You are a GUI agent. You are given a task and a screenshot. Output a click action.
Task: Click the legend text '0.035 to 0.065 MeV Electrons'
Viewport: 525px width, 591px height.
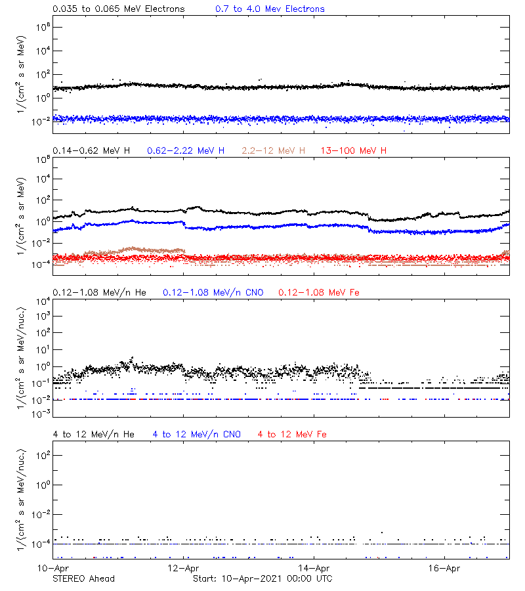[118, 9]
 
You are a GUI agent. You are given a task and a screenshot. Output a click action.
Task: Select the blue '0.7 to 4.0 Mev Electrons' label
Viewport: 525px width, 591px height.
[270, 9]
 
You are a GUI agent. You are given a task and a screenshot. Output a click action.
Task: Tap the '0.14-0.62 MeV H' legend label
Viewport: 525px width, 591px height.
[91, 151]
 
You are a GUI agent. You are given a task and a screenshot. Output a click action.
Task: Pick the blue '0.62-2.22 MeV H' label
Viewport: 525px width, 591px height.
[186, 151]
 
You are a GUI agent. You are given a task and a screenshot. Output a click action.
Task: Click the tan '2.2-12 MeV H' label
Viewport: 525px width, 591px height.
[274, 151]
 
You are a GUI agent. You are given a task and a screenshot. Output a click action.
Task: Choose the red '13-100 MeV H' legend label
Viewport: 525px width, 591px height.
[354, 151]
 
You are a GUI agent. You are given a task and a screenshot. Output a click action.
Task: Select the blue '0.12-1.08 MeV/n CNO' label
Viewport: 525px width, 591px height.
[213, 292]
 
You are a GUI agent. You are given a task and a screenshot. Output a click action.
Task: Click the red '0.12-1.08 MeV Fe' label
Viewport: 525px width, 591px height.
[319, 292]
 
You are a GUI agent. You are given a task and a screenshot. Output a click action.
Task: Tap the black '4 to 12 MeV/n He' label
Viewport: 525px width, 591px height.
[93, 435]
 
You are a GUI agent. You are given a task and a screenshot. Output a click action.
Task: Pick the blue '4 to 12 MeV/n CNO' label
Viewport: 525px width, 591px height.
[197, 435]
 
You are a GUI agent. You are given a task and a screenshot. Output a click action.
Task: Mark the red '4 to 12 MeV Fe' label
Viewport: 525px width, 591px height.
[292, 435]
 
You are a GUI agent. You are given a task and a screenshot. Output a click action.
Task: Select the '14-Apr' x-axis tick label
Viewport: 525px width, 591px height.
[314, 568]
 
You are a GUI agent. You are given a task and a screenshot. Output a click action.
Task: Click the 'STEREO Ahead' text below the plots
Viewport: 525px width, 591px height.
[83, 579]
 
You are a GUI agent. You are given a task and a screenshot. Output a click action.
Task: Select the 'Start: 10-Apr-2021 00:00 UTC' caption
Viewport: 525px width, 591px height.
[262, 579]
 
